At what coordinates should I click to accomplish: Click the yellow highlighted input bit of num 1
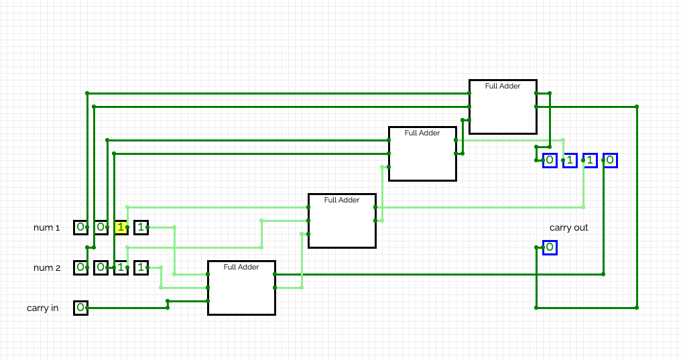pyautogui.click(x=121, y=227)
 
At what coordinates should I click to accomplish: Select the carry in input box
pyautogui.click(x=81, y=308)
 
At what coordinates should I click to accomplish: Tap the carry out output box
pyautogui.click(x=550, y=247)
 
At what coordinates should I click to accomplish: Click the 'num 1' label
pyautogui.click(x=46, y=227)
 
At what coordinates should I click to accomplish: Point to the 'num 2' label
pyautogui.click(x=47, y=268)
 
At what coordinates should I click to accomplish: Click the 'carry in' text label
pyautogui.click(x=43, y=308)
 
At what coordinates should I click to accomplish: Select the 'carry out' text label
pyautogui.click(x=568, y=227)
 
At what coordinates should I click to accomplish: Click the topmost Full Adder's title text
pyautogui.click(x=503, y=86)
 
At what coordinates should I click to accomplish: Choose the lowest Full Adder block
pyautogui.click(x=241, y=288)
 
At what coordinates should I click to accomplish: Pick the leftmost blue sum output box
pyautogui.click(x=550, y=160)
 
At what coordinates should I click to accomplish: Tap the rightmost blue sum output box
pyautogui.click(x=610, y=160)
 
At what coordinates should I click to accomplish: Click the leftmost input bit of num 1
pyautogui.click(x=81, y=227)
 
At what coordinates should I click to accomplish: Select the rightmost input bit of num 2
pyautogui.click(x=141, y=268)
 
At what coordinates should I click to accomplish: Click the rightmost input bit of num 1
pyautogui.click(x=141, y=227)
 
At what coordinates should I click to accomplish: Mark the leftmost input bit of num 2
pyautogui.click(x=81, y=268)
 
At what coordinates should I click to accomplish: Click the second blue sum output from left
pyautogui.click(x=570, y=160)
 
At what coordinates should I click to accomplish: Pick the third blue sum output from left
pyautogui.click(x=590, y=160)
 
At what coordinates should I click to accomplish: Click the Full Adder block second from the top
pyautogui.click(x=422, y=154)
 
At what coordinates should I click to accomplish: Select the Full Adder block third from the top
pyautogui.click(x=343, y=221)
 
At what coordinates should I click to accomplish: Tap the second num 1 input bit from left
pyautogui.click(x=101, y=227)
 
